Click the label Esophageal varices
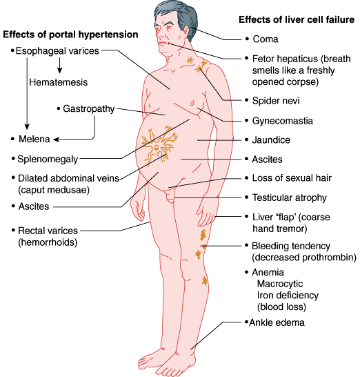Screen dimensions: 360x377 [57, 51]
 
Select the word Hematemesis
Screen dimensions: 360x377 [59, 82]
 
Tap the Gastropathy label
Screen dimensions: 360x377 [88, 109]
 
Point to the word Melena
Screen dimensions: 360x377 [34, 139]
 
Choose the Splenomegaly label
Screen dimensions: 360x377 [48, 159]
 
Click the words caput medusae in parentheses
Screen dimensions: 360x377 [54, 190]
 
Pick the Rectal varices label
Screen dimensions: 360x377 [48, 231]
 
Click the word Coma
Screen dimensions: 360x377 [266, 39]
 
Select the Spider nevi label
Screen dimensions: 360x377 [276, 101]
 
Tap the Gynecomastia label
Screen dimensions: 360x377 [283, 121]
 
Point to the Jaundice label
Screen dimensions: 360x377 [271, 140]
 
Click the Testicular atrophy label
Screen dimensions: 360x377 [290, 197]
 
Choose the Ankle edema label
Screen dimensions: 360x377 [277, 322]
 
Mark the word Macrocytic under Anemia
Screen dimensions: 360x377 [280, 284]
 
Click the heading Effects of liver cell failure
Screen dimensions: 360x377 [297, 19]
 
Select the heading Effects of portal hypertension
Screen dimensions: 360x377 [70, 35]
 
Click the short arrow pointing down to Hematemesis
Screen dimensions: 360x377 [59, 65]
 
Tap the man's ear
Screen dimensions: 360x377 [186, 30]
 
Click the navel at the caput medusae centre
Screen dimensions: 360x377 [157, 147]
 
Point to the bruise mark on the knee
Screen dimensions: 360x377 [205, 281]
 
